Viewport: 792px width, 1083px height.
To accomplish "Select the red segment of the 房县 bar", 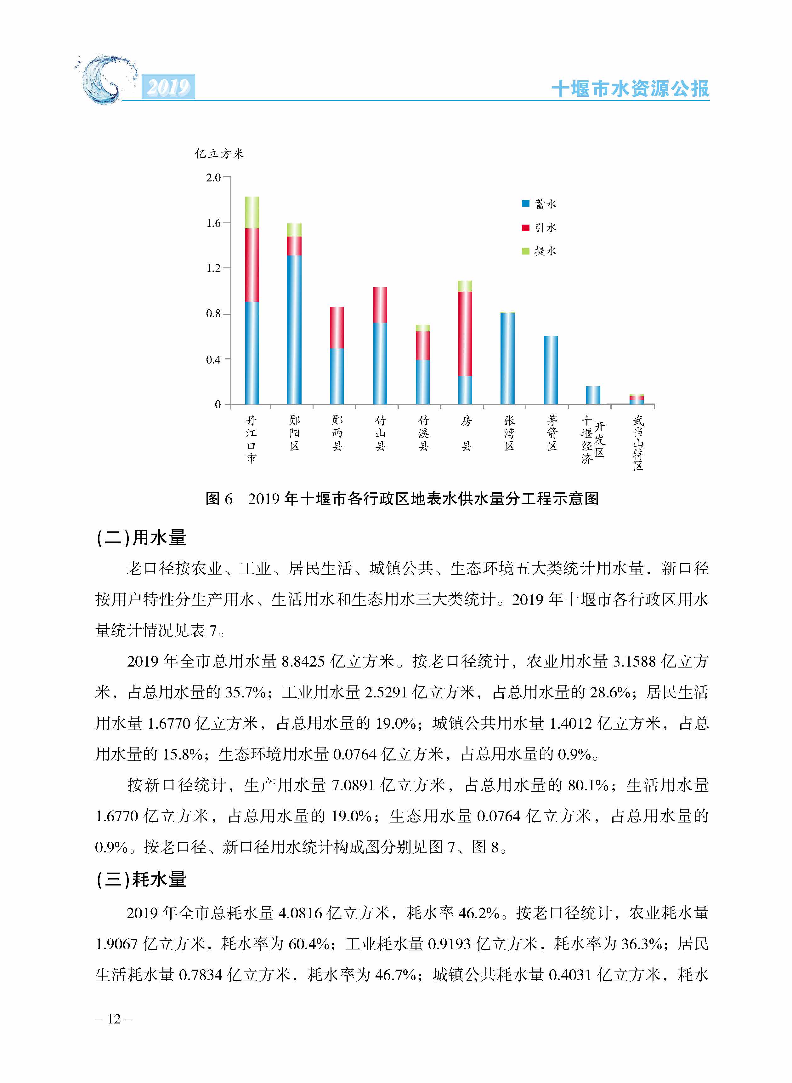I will pos(465,333).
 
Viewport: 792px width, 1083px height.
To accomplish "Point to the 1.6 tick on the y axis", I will pos(213,223).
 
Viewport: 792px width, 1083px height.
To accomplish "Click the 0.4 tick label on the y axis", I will pos(213,359).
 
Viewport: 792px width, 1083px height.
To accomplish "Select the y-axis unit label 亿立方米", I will pos(220,153).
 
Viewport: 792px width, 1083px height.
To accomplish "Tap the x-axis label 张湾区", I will pos(509,433).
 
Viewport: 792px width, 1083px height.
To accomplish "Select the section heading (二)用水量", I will pos(141,538).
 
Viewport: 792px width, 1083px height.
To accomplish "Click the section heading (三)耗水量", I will pos(141,879).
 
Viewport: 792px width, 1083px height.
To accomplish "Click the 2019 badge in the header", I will pos(168,87).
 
